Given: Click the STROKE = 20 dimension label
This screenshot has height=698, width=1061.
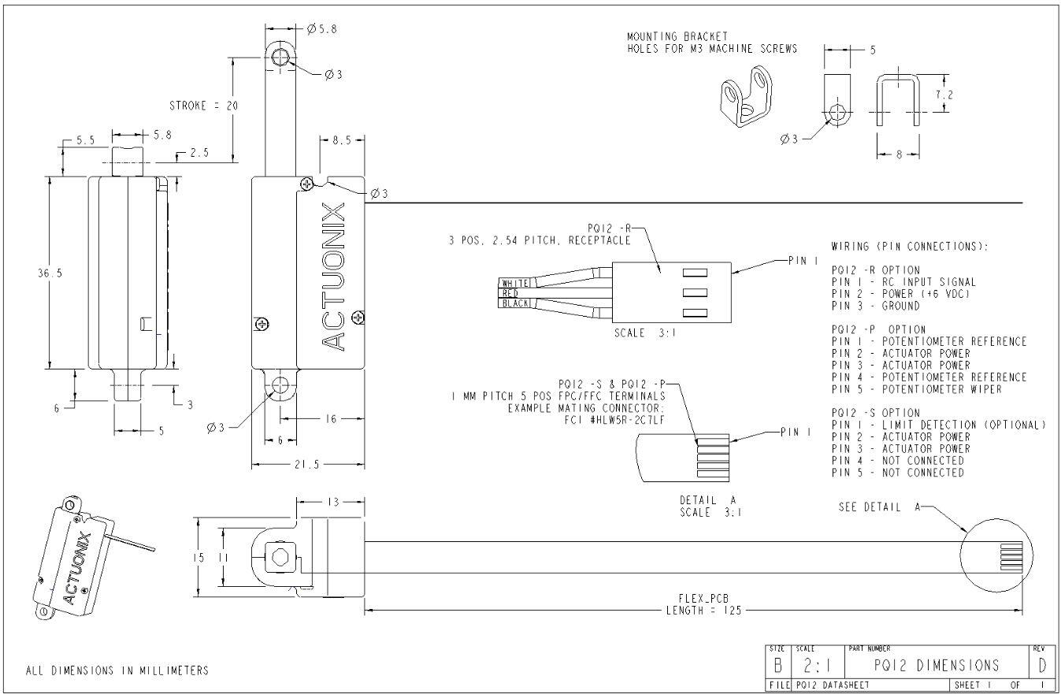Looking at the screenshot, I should click(x=203, y=106).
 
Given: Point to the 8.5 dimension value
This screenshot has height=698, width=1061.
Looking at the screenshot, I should click(x=342, y=140).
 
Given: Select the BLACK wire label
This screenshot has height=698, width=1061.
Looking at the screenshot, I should click(x=516, y=303).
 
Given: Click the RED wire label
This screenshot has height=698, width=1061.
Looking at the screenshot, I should click(x=510, y=293).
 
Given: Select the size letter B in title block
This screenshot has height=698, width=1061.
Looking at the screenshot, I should click(x=777, y=666).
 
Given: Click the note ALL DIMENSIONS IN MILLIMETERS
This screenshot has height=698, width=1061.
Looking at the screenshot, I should click(x=117, y=671).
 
